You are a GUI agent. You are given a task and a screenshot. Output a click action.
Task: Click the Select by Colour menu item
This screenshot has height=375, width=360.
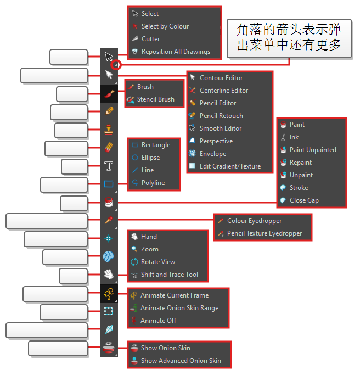[165, 26]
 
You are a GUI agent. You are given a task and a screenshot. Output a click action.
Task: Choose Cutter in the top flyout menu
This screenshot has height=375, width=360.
[150, 39]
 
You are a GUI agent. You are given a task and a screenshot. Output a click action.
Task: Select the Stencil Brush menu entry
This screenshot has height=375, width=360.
[155, 99]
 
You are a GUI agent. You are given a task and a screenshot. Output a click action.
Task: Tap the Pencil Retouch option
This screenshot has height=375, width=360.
[221, 116]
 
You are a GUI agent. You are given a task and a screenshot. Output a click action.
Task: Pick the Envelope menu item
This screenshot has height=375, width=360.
[212, 154]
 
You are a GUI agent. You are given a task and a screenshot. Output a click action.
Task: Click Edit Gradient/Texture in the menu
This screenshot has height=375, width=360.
[230, 166]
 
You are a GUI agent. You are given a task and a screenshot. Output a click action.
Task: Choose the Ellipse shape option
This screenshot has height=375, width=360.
[150, 158]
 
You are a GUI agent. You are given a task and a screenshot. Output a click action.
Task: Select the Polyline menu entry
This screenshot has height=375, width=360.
[153, 183]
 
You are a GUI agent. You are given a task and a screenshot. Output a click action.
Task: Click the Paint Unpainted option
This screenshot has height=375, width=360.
[312, 150]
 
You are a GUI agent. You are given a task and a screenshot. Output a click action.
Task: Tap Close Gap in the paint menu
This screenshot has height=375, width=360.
[303, 200]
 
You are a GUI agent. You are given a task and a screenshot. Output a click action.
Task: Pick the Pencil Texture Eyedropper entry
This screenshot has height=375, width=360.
[264, 233]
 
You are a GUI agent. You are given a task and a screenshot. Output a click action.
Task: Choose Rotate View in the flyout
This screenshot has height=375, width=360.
[157, 262]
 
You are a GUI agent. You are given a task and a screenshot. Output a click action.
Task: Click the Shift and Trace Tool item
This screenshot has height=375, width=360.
[169, 275]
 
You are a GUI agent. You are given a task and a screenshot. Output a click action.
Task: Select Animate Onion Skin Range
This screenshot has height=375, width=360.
[179, 308]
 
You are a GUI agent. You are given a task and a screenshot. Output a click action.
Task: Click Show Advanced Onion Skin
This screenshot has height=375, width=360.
[181, 361]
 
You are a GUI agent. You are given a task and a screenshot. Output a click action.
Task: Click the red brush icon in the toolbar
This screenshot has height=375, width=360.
[109, 94]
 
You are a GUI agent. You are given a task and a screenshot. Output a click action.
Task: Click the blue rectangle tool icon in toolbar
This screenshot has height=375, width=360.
[109, 184]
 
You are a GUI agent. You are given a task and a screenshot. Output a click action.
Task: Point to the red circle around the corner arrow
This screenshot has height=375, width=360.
[116, 65]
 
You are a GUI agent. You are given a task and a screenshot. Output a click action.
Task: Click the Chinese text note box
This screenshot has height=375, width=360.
[289, 38]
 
